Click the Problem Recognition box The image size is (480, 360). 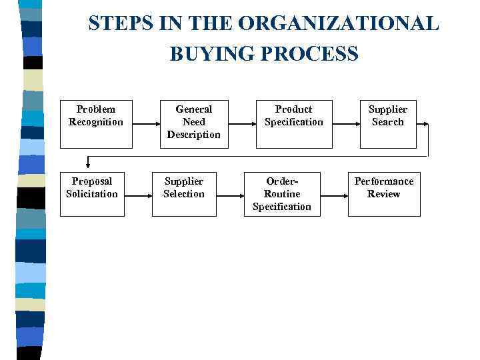click(x=96, y=124)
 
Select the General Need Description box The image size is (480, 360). click(x=193, y=124)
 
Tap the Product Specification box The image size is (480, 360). click(x=294, y=124)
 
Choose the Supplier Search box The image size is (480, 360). click(x=388, y=124)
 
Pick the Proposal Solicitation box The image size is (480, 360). click(x=92, y=194)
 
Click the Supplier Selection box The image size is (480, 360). click(x=184, y=194)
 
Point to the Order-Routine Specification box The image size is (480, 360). click(x=282, y=194)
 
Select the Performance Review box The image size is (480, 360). click(x=384, y=194)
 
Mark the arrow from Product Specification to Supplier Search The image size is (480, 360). click(x=347, y=124)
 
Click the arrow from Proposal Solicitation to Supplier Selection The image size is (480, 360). click(x=138, y=195)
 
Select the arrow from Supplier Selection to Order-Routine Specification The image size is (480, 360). click(x=230, y=195)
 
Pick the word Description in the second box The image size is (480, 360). click(x=193, y=135)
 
